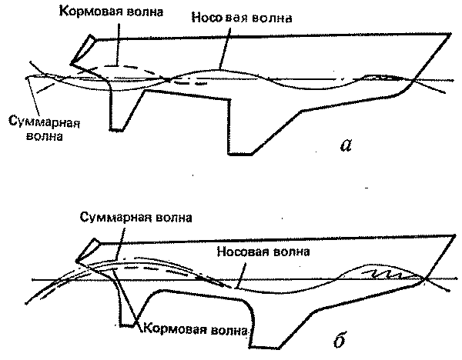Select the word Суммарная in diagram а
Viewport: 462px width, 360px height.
click(44, 122)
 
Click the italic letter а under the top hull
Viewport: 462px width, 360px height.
click(346, 145)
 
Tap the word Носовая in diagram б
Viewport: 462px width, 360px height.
click(241, 252)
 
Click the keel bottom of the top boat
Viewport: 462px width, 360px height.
click(240, 153)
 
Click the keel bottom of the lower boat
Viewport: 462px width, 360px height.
click(264, 348)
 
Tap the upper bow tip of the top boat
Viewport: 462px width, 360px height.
click(450, 35)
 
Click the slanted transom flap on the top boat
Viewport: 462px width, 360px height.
click(83, 49)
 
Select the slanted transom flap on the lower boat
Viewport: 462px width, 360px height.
click(89, 250)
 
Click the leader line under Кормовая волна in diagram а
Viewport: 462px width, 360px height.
click(118, 44)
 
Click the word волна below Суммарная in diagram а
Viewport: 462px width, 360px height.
click(45, 136)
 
